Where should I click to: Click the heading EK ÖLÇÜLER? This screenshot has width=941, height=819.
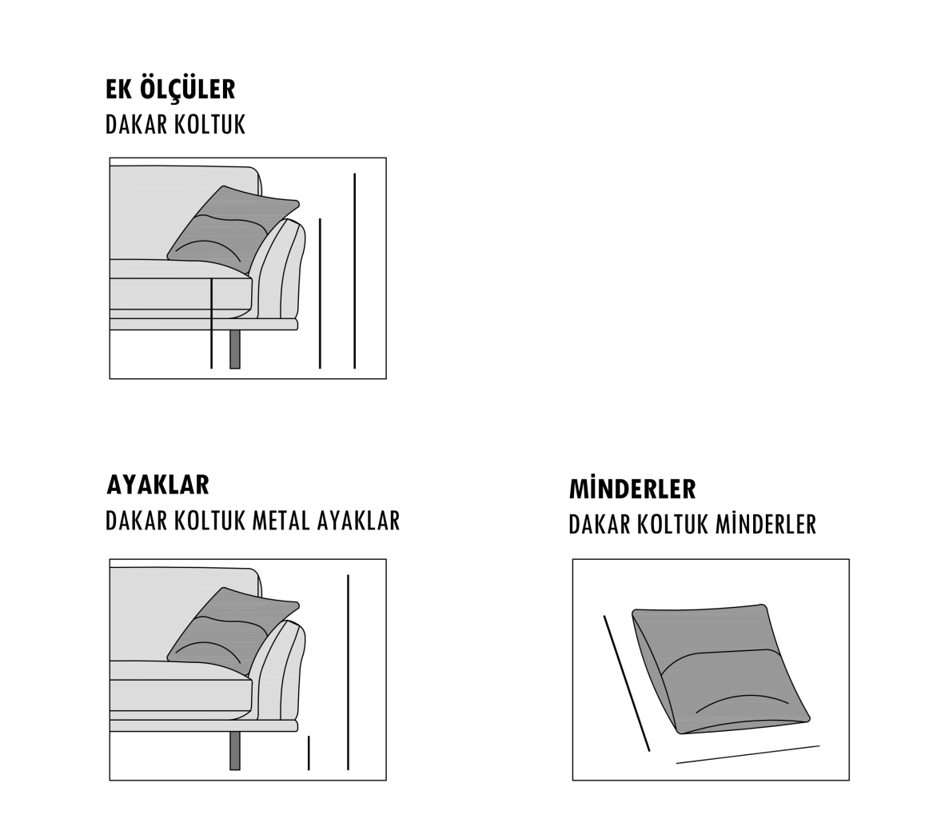170,88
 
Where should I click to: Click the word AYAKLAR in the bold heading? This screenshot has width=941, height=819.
157,485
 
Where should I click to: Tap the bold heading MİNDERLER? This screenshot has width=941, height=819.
632,488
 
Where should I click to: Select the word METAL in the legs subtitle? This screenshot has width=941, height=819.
281,521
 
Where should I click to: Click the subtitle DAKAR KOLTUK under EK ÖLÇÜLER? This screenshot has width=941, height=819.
175,125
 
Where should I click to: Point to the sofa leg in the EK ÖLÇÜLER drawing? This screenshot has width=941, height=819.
235,349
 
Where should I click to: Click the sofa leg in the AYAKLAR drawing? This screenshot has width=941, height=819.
235,750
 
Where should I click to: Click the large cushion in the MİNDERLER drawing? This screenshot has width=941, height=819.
720,669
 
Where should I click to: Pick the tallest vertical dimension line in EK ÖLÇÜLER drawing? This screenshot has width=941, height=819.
355,271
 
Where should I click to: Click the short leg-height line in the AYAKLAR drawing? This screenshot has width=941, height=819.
309,753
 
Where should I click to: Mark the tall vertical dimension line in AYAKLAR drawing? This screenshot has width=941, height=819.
348,673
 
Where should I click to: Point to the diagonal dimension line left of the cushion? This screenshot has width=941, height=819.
627,683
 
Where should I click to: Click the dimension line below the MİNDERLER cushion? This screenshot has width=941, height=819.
748,755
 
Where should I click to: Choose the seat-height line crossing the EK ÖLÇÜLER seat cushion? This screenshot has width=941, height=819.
212,323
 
